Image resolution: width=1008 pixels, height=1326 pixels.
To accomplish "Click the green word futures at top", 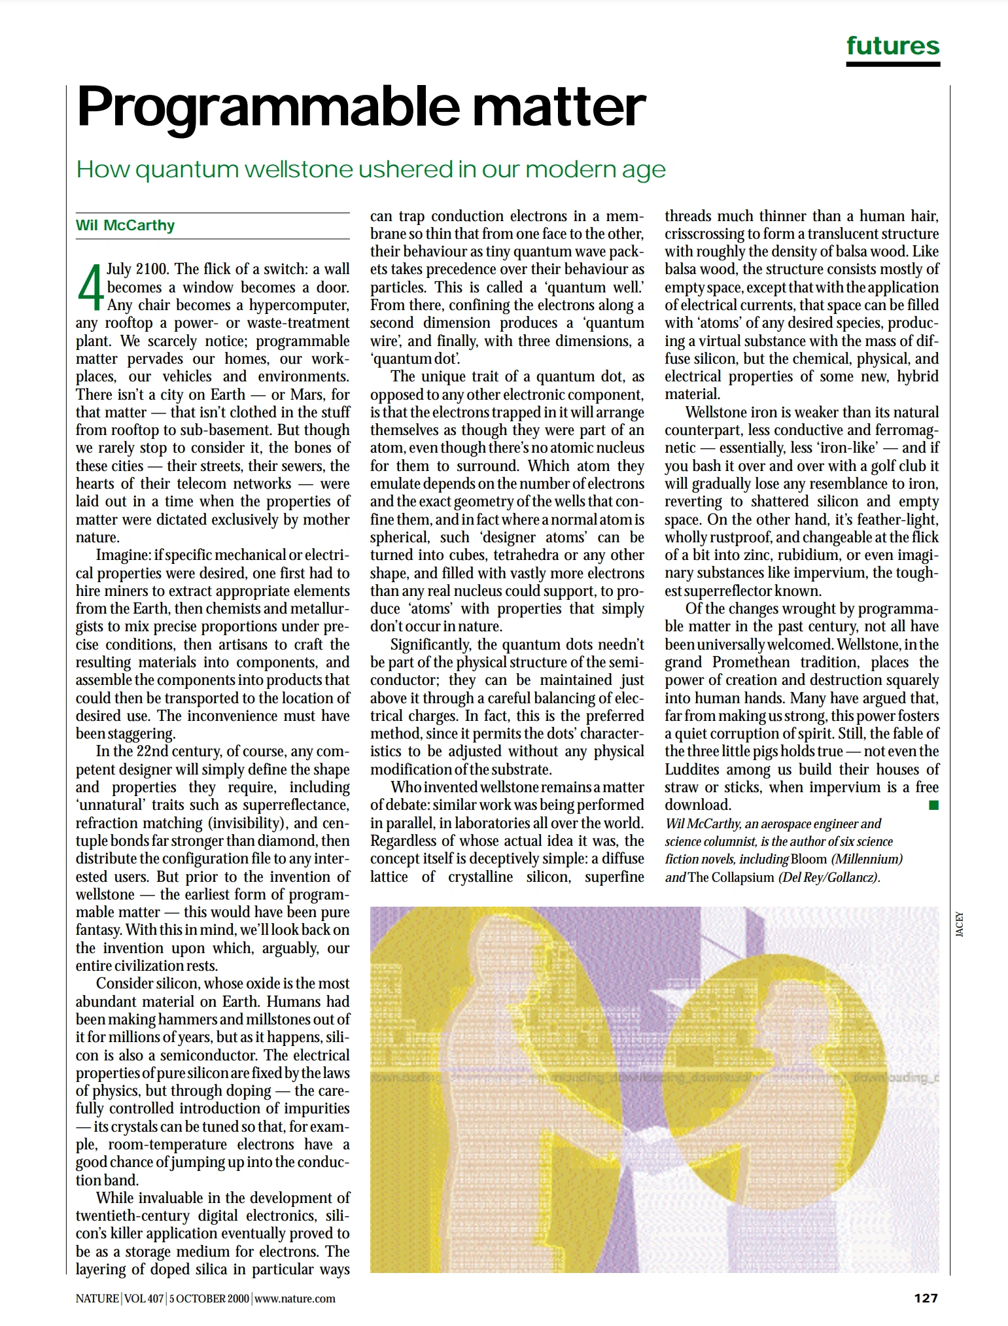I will (x=892, y=46).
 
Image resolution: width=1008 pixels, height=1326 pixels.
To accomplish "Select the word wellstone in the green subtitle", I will (x=299, y=169).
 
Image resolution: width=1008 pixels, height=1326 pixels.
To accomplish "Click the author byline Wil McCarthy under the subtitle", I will (x=126, y=226).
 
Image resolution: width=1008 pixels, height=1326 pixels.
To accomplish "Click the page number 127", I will (x=925, y=1298).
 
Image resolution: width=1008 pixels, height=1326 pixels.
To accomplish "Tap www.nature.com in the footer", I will (x=294, y=1299).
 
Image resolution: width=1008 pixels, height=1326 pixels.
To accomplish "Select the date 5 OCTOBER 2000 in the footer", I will (x=209, y=1299).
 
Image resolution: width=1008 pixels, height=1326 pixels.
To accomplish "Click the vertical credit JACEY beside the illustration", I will (x=960, y=924).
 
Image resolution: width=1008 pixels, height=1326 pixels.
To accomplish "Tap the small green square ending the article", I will (x=933, y=805).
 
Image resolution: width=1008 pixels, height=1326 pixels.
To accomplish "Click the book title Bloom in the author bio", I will (x=808, y=859).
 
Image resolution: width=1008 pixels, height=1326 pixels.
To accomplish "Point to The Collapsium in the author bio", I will (x=731, y=877).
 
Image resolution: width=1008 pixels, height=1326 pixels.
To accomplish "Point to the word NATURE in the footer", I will (x=97, y=1299).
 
